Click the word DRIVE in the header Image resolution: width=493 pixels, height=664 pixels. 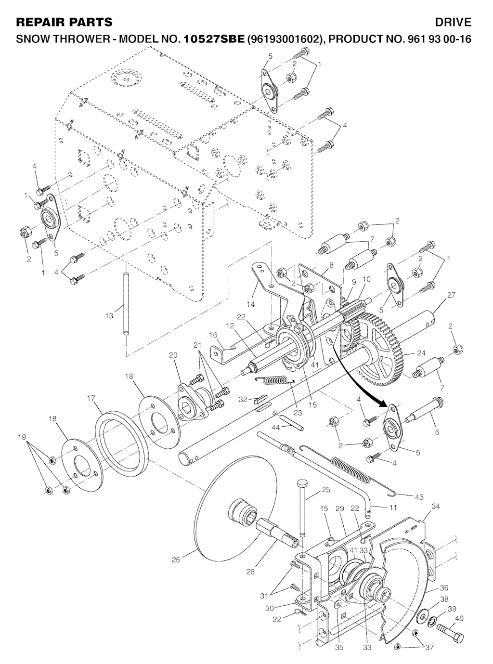[x=453, y=22]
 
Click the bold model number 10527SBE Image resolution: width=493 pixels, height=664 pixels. [x=214, y=39]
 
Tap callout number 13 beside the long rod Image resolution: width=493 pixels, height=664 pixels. [x=110, y=315]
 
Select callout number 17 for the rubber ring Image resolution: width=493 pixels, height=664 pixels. [x=91, y=398]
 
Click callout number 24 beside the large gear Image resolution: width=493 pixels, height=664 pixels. [x=421, y=353]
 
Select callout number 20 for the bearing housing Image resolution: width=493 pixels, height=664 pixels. [x=173, y=355]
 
